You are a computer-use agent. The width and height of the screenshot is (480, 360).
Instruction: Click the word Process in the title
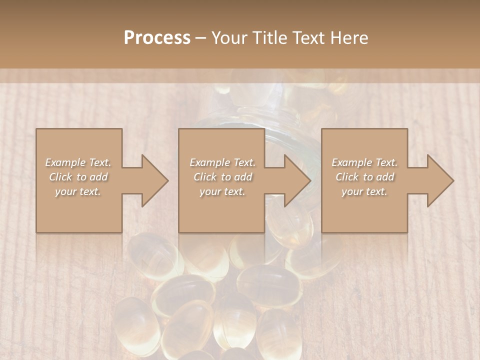click(x=157, y=38)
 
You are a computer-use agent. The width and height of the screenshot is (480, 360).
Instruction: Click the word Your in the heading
click(x=227, y=38)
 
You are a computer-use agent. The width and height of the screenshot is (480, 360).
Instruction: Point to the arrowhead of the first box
click(x=153, y=180)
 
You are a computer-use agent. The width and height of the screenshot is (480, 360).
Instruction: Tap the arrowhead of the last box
click(x=439, y=180)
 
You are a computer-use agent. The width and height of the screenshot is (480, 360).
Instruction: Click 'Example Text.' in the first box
click(x=78, y=162)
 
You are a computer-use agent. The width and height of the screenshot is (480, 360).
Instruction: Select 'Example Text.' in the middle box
click(x=222, y=162)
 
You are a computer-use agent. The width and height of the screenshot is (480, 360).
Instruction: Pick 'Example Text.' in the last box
click(x=364, y=162)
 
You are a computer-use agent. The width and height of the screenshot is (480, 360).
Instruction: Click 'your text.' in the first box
click(x=78, y=191)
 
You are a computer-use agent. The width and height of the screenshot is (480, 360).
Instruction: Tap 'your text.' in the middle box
click(x=222, y=191)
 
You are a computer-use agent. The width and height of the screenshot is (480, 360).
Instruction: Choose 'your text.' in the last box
click(x=364, y=191)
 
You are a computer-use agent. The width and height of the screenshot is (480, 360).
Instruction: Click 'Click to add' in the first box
click(x=78, y=177)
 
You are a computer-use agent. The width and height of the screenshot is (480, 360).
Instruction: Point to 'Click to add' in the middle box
click(x=222, y=177)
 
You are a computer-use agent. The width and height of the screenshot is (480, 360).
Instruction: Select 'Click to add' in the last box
click(x=364, y=177)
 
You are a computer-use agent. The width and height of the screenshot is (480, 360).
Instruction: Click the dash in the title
click(x=201, y=38)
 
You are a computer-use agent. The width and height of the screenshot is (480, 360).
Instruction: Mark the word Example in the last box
click(x=352, y=162)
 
